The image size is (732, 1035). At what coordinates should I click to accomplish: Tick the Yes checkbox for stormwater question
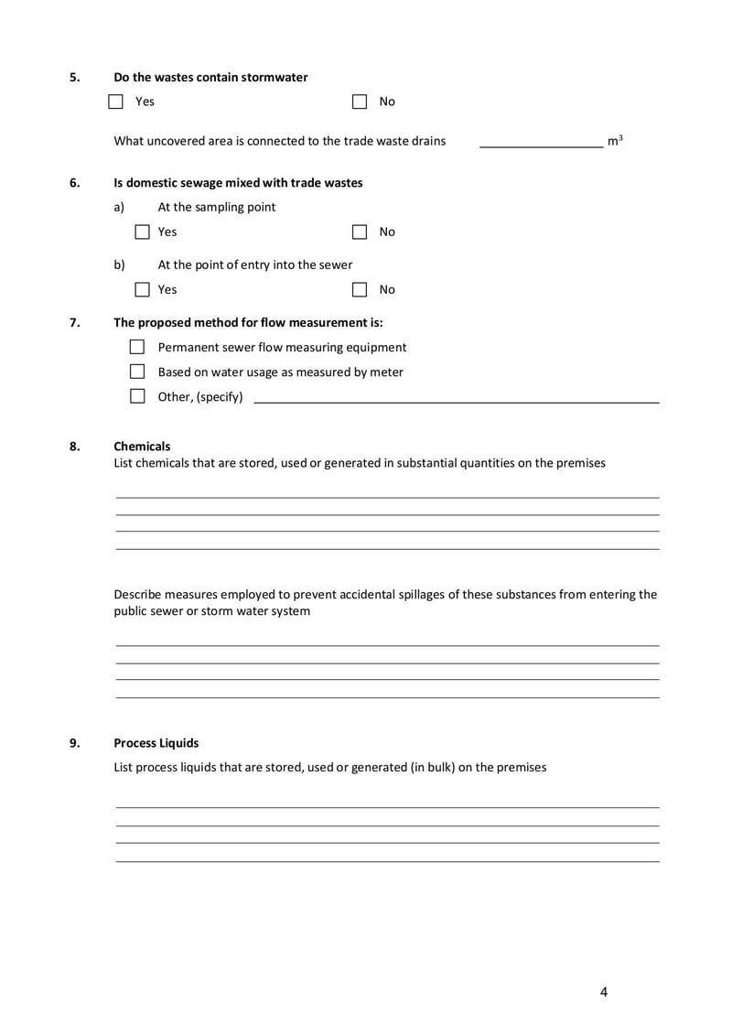116,102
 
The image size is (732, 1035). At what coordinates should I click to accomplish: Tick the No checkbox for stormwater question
360,102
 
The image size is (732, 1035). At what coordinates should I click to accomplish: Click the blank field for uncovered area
541,141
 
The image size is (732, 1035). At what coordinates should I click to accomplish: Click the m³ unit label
615,141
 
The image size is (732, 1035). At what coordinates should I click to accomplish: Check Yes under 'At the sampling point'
142,232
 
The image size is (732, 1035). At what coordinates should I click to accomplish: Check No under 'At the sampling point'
360,232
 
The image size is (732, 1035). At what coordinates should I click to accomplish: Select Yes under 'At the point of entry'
142,290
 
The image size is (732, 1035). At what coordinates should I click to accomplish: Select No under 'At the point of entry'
360,290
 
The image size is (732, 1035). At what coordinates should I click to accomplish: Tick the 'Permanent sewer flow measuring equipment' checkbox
137,348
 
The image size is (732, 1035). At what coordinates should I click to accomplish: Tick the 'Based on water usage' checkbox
137,372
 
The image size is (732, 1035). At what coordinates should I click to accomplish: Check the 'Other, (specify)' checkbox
137,397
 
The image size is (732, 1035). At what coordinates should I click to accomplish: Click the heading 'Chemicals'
142,447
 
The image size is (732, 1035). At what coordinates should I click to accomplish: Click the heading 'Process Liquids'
156,743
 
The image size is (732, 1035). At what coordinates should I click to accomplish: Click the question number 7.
74,322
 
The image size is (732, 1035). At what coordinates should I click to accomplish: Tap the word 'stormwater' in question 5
274,78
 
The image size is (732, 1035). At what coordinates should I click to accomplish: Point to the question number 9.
74,743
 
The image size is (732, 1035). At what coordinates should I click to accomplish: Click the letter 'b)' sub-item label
119,265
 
